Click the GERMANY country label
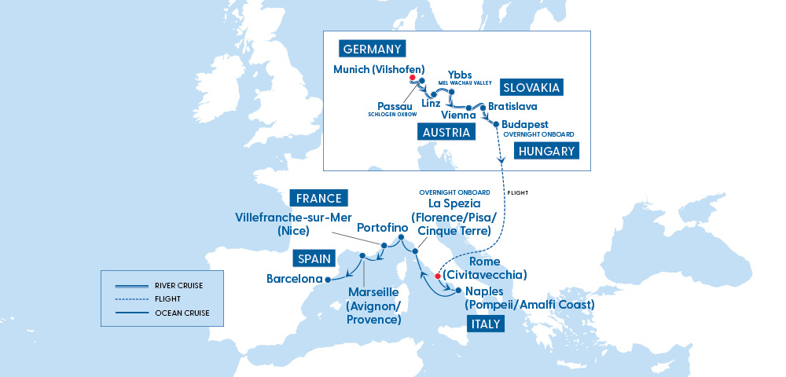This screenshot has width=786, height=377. click(x=373, y=49)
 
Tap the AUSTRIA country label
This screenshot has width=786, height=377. click(x=446, y=132)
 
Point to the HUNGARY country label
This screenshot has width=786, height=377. click(x=545, y=152)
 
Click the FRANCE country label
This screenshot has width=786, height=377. click(x=319, y=198)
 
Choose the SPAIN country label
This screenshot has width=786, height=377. click(x=313, y=258)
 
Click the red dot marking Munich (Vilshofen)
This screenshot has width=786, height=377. click(x=413, y=78)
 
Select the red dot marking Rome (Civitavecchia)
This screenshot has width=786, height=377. click(x=438, y=276)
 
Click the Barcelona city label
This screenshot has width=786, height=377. click(x=295, y=279)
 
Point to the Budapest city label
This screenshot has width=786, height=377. click(x=526, y=124)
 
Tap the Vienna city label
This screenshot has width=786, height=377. click(x=458, y=115)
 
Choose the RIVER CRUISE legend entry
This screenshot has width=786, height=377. click(x=180, y=286)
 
